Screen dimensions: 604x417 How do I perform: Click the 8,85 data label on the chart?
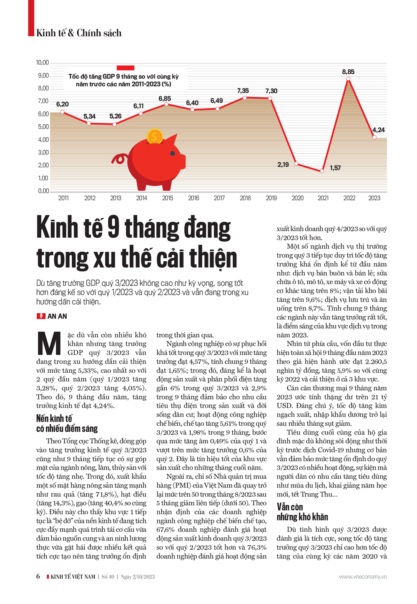point(348,72)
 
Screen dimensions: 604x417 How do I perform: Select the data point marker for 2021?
point(322,171)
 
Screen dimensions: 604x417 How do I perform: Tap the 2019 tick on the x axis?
point(271,198)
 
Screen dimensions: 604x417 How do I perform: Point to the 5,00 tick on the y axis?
point(43,127)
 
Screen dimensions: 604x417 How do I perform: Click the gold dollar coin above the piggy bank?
point(155,136)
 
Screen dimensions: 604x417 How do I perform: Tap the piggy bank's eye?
point(173,154)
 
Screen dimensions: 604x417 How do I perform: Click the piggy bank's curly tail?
point(119,159)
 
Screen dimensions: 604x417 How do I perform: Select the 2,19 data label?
point(283,165)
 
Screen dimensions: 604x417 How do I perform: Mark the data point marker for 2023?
point(374,137)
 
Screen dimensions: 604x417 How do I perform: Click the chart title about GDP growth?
point(123,80)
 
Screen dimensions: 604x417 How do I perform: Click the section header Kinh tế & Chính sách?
point(79,33)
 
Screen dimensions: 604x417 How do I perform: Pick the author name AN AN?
point(57,316)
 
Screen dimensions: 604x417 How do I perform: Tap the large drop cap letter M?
point(50,344)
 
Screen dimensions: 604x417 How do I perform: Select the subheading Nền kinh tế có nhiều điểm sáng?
point(67,423)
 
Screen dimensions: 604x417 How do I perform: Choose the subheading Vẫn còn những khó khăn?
point(302,512)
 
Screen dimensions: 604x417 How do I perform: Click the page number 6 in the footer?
point(38,576)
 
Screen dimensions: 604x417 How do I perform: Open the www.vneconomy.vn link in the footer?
point(363,577)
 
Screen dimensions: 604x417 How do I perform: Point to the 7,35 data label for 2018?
point(243,91)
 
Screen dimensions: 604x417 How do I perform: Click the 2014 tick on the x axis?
point(142,198)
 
